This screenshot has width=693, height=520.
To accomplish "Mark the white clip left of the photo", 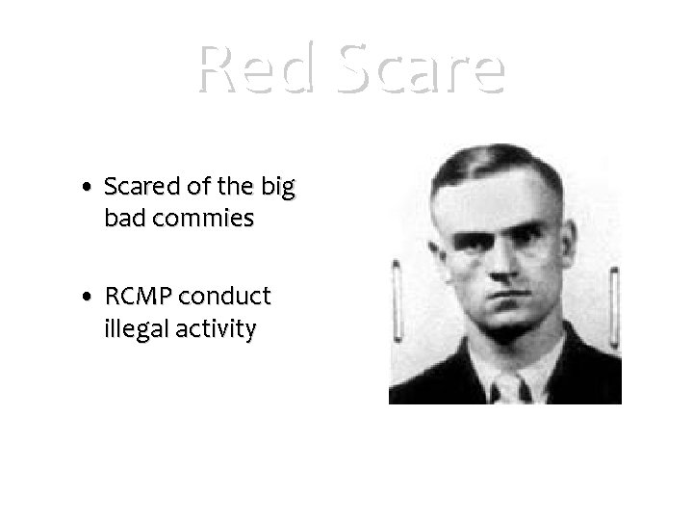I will [x=395, y=294].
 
